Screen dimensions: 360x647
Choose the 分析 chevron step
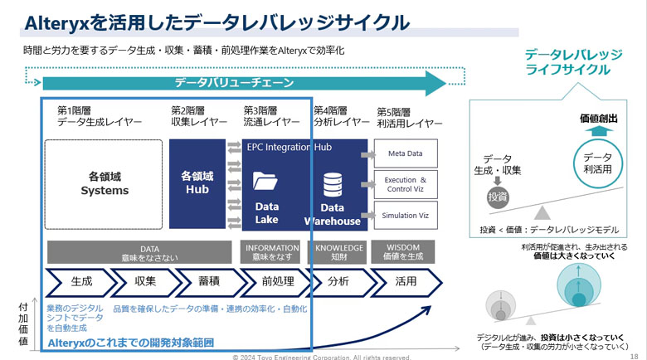(x=338, y=281)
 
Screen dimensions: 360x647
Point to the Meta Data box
(x=405, y=153)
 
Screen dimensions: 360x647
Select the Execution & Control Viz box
(x=405, y=184)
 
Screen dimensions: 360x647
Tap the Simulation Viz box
(x=405, y=216)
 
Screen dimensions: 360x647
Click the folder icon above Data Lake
(x=265, y=182)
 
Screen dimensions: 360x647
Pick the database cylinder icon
(x=333, y=184)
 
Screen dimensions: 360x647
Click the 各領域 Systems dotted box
(x=104, y=184)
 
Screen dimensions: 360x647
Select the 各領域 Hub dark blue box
(x=197, y=184)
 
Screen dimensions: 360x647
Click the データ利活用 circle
(x=598, y=163)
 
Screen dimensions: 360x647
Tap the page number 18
(x=633, y=353)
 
